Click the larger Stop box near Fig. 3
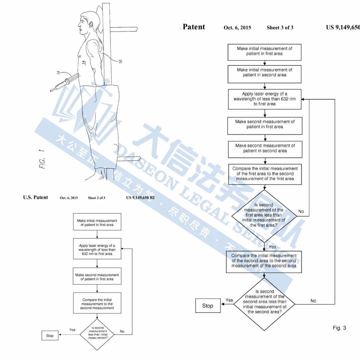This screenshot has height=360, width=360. click(208, 306)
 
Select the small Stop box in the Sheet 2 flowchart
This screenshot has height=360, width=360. click(50, 336)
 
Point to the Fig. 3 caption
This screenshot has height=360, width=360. click(339, 328)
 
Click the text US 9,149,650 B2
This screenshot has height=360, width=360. click(140, 198)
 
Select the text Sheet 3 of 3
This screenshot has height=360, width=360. click(280, 28)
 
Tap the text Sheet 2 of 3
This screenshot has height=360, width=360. click(96, 198)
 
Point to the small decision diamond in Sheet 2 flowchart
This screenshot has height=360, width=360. click(97, 333)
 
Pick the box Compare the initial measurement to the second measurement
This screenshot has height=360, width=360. click(97, 304)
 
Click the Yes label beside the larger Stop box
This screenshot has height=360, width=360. click(229, 300)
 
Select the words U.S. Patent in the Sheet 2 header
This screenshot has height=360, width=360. click(35, 197)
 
